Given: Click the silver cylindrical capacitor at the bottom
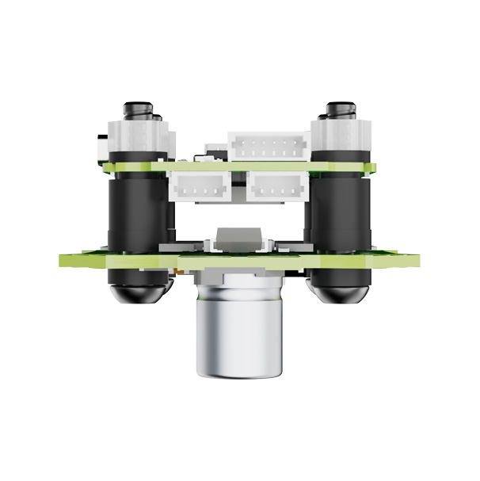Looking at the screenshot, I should tap(239, 325).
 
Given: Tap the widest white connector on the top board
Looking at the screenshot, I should tap(268, 145).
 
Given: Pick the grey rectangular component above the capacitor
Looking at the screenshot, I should tap(238, 235).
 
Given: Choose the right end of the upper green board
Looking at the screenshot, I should tap(372, 168).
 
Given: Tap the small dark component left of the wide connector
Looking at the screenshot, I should tap(214, 151).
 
